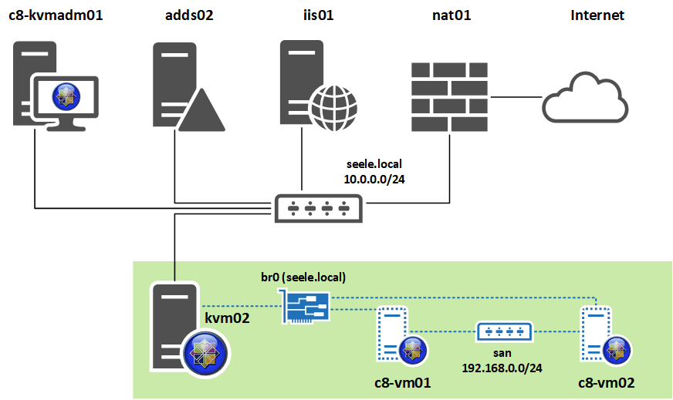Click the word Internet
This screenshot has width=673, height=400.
click(x=597, y=15)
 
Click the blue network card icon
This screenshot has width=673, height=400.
click(x=306, y=307)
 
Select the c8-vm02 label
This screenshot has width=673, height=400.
click(x=607, y=383)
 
